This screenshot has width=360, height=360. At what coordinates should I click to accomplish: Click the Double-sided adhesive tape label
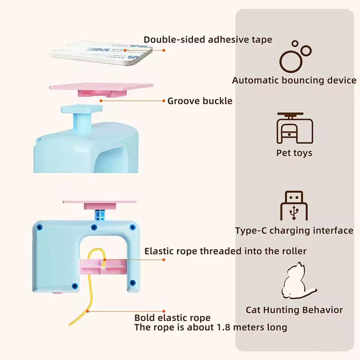point(208,39)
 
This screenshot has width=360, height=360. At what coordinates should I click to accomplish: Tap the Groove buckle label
point(199,101)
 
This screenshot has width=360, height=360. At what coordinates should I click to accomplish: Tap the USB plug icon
point(294,205)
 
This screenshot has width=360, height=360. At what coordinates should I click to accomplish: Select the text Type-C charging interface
point(294,230)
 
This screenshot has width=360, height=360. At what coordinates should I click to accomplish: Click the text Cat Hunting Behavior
point(294,310)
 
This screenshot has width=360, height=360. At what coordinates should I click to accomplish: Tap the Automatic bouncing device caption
point(294,80)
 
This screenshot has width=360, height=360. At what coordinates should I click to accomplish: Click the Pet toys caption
point(294,153)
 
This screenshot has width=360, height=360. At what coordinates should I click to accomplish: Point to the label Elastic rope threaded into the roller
point(225,251)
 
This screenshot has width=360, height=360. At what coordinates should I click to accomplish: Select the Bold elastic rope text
point(172,318)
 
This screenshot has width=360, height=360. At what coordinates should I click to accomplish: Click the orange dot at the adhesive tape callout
point(164,50)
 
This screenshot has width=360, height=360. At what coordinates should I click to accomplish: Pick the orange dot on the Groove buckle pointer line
point(164,101)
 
